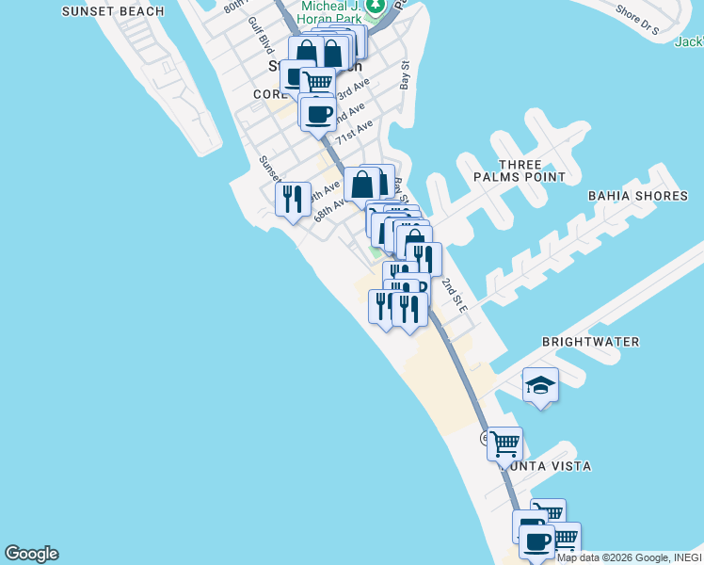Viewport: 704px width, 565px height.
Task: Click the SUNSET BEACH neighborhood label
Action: (x=113, y=11)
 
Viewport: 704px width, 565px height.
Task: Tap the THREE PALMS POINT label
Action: (x=520, y=170)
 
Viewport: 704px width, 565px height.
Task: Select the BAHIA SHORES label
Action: (x=637, y=196)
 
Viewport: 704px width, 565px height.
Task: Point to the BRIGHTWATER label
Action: (x=591, y=342)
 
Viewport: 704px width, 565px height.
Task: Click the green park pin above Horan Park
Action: (x=376, y=8)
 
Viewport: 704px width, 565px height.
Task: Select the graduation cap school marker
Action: (x=540, y=384)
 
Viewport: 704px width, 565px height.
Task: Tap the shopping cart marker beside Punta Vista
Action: (x=505, y=443)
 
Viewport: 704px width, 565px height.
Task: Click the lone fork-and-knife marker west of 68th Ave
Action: (x=293, y=199)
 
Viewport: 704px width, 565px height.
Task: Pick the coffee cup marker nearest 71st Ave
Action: (x=318, y=114)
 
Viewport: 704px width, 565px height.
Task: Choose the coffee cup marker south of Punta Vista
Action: (x=536, y=541)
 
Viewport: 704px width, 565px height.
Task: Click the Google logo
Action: (x=31, y=554)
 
